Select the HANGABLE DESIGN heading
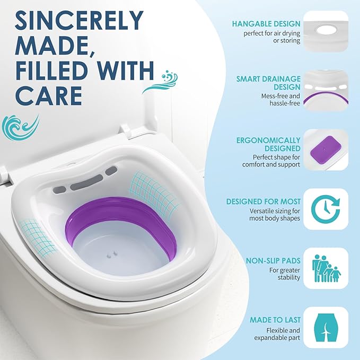coord(274,24)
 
